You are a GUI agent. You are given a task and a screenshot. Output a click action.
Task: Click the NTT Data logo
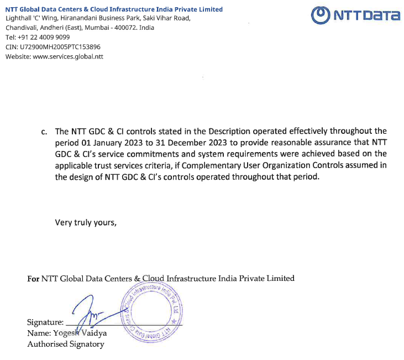tap(355, 15)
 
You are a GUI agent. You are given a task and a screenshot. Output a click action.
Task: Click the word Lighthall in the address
tap(18, 18)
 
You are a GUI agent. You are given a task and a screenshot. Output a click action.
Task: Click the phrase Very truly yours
tap(86, 222)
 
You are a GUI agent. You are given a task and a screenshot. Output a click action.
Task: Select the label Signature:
tap(45, 322)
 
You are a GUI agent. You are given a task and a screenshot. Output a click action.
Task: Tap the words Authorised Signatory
tap(65, 344)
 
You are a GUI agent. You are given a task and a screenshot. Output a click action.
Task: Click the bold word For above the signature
tap(33, 278)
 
